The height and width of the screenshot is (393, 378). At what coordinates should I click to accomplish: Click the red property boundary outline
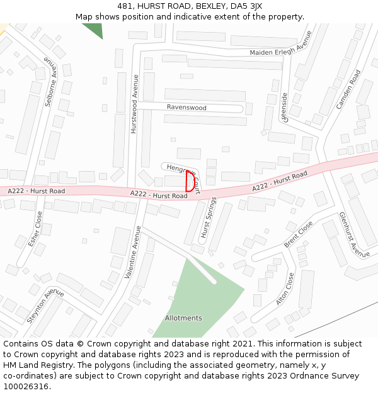(x=190, y=181)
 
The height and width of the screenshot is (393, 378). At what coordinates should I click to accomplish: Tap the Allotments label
(x=183, y=318)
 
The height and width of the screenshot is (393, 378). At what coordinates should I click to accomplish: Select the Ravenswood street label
(x=186, y=108)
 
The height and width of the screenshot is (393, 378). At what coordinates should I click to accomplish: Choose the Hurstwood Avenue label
(x=134, y=112)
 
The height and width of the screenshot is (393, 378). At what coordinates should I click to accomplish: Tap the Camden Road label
(x=348, y=90)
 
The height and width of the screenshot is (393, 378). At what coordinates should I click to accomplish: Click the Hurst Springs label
(x=209, y=218)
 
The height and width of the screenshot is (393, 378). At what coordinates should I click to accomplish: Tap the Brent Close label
(x=298, y=234)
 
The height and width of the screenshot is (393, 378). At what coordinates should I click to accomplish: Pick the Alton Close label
(x=285, y=289)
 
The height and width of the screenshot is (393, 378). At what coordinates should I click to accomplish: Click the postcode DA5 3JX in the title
(x=249, y=6)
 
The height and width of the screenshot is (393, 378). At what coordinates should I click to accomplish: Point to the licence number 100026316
(x=26, y=386)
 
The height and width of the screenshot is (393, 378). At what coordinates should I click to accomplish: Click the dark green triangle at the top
(x=94, y=29)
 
